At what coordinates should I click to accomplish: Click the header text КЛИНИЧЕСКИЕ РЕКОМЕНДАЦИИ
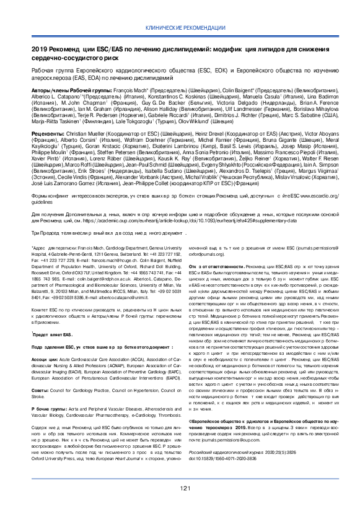click(180, 29)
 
